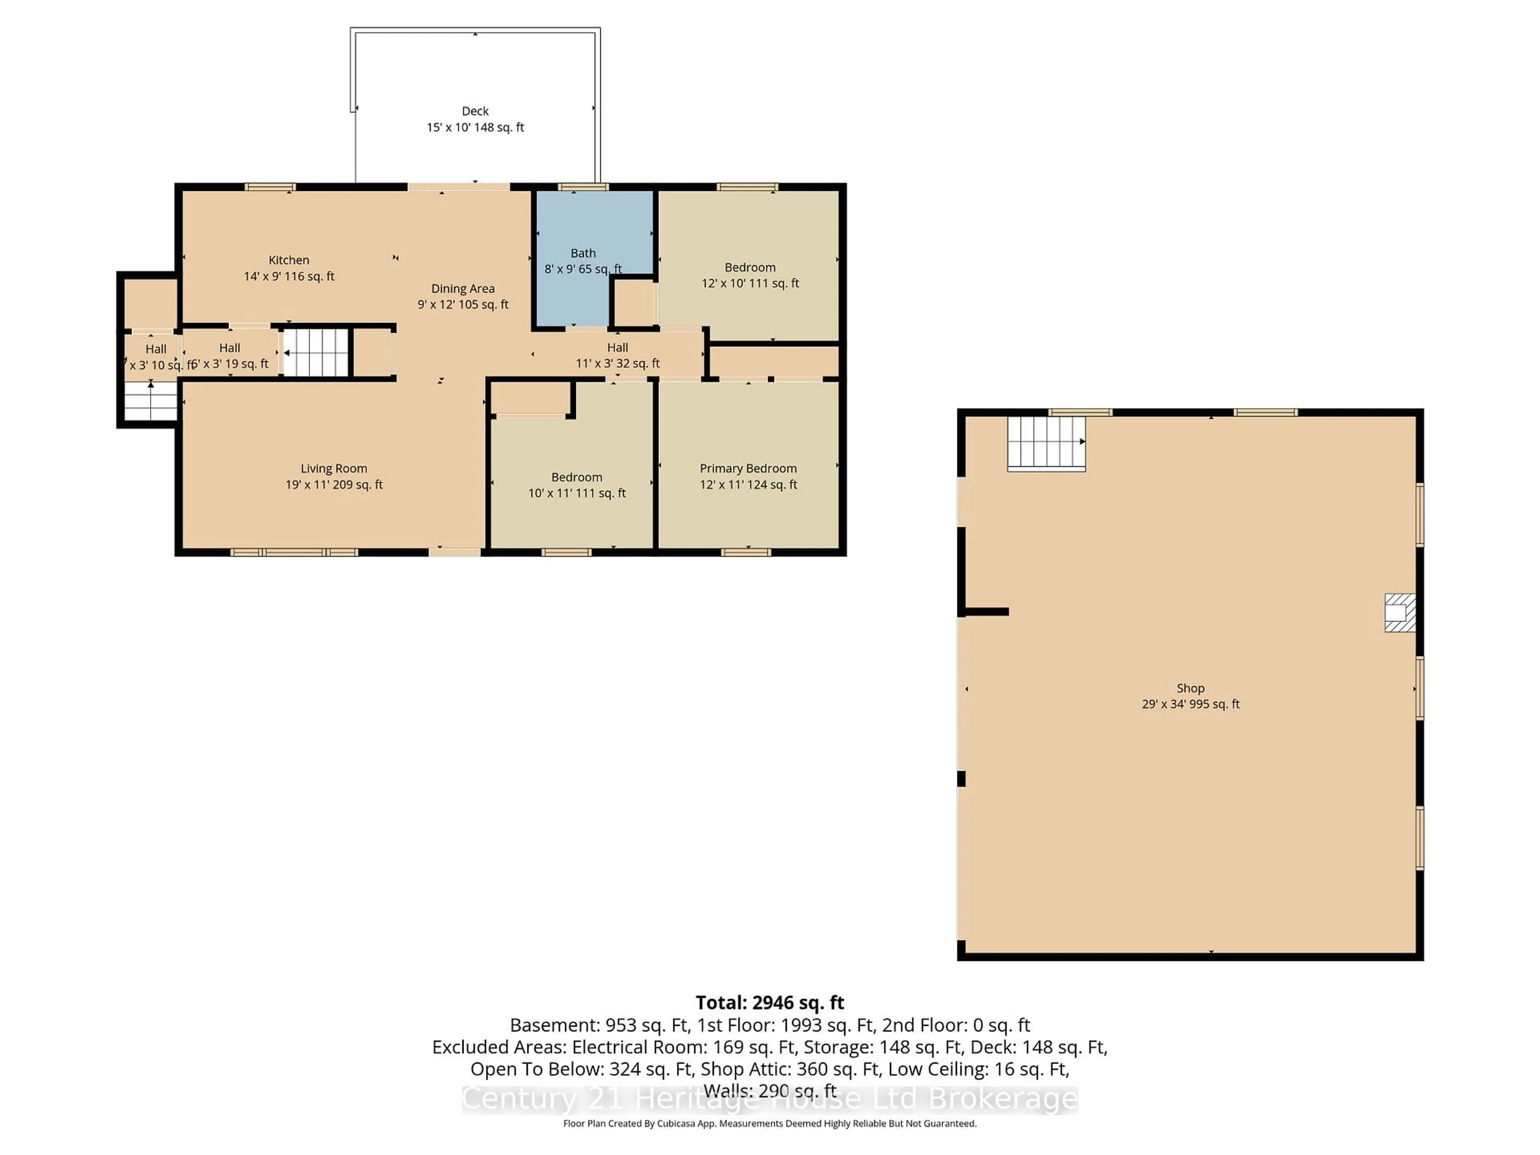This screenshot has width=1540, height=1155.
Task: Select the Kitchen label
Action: coord(289,260)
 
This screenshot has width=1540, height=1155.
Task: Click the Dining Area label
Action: coord(463,289)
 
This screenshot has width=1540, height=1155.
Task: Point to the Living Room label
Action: coord(334,468)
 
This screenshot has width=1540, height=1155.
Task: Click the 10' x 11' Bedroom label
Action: coord(576,478)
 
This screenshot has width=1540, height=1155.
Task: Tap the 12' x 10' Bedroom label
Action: coord(750,268)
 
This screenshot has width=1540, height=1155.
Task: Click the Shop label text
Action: coord(1191,688)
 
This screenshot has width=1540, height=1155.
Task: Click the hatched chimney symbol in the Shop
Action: coord(1399,613)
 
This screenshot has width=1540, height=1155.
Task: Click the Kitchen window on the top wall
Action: coord(270,186)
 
